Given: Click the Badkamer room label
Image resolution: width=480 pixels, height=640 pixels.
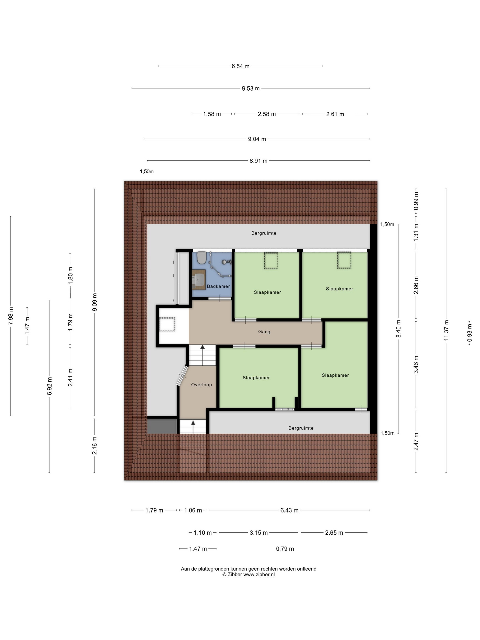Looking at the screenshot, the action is point(218,286).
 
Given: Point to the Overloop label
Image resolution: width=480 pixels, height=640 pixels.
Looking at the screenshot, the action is point(201,384).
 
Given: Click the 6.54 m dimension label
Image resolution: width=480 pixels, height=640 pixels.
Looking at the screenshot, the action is point(240,66).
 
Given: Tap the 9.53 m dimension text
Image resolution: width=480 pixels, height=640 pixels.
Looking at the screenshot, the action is point(251,88).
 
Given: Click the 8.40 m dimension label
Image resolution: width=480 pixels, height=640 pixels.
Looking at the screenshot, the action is point(398,328).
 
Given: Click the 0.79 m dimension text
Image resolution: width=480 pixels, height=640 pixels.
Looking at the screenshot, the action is point(285,549).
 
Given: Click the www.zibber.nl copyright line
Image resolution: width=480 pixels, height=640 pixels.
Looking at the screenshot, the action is point(248,575).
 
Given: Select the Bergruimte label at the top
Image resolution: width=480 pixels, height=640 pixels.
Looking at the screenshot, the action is point(264,233).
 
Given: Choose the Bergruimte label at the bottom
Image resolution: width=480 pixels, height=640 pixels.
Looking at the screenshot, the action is point(301,428).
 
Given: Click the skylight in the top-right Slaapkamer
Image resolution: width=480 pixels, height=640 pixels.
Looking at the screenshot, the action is point(344,260).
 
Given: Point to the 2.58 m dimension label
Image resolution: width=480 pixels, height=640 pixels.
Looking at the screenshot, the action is point(267,114).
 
